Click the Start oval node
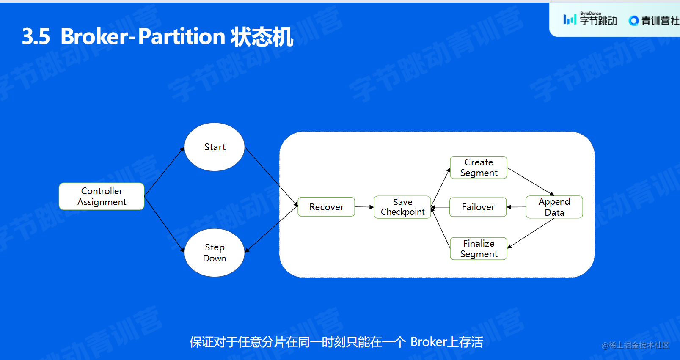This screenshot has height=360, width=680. tap(215, 147)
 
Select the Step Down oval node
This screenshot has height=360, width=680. tap(215, 253)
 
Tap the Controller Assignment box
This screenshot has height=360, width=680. tap(102, 196)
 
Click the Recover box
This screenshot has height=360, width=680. tap(326, 207)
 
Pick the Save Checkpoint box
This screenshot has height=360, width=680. tap(402, 207)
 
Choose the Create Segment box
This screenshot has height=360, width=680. tap(479, 168)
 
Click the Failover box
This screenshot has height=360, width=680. tap(478, 207)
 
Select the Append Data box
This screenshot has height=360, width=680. tap(554, 207)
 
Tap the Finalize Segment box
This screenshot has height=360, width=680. tap(479, 249)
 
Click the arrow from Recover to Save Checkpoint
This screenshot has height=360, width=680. tap(364, 207)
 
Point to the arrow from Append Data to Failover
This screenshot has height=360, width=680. tap(516, 207)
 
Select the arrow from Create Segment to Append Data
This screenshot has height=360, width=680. tap(530, 181)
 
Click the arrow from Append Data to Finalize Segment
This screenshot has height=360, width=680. tap(531, 233)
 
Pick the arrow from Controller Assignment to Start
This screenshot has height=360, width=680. tap(164, 172)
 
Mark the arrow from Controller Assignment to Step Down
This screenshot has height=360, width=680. tap(164, 224)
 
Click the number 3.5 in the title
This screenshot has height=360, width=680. tap(36, 37)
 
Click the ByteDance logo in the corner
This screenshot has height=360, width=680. tap(590, 19)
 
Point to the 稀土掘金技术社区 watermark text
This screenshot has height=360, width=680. tap(639, 345)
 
